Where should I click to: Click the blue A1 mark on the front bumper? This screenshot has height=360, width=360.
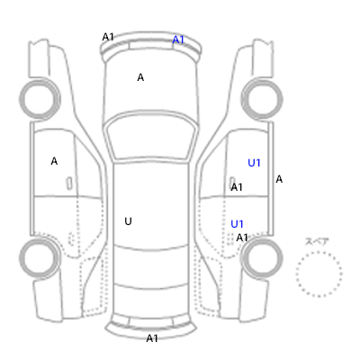[x=178, y=40]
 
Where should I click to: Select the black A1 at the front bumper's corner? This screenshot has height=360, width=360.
[x=108, y=37]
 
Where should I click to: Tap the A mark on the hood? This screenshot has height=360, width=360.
[x=140, y=77]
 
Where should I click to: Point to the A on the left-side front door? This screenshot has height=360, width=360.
[x=54, y=161]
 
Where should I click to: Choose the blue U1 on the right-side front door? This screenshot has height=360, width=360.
[x=254, y=163]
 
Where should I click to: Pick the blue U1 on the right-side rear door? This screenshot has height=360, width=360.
[x=237, y=224]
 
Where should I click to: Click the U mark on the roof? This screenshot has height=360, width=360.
[x=128, y=221]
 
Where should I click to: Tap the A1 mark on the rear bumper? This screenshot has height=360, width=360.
[x=152, y=338]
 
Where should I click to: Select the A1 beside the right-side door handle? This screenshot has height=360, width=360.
[x=237, y=187]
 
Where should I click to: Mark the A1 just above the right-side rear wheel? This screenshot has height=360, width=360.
[x=242, y=238]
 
